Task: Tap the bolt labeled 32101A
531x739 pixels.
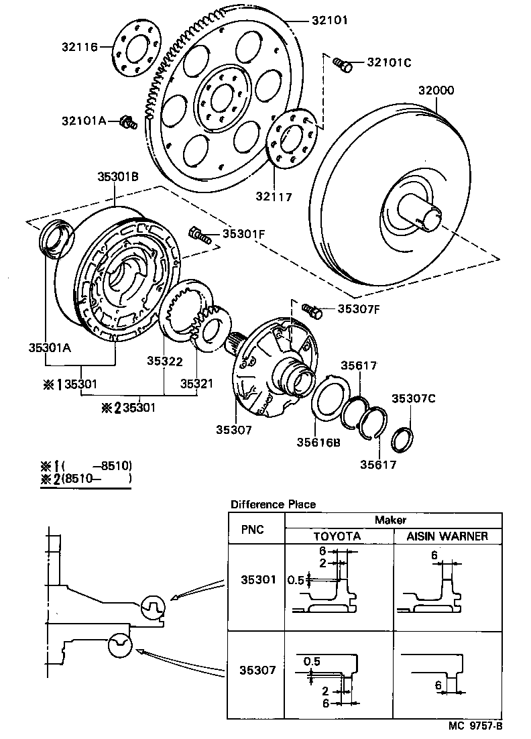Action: click(127, 122)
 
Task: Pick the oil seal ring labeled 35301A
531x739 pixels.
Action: click(53, 241)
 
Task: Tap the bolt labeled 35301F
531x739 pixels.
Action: click(199, 235)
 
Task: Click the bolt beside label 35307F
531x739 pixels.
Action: click(312, 310)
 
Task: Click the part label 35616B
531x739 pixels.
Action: click(318, 443)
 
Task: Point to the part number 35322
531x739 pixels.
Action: click(165, 361)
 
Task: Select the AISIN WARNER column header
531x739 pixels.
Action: click(447, 536)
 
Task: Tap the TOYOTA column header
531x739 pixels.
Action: click(338, 536)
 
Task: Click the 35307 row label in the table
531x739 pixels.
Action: click(257, 669)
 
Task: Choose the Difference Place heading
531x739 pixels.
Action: click(273, 504)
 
